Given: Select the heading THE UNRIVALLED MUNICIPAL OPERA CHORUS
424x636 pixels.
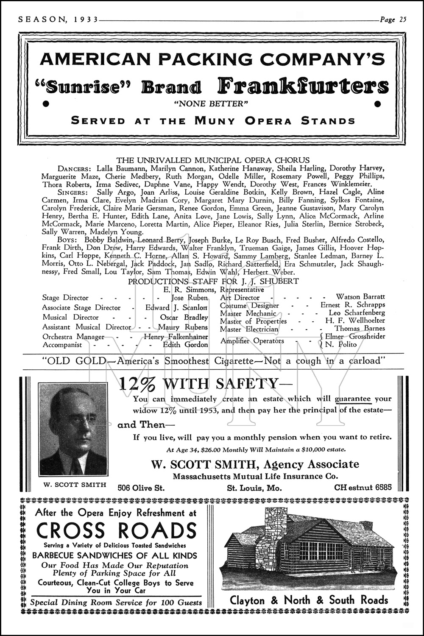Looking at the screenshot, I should (213, 160).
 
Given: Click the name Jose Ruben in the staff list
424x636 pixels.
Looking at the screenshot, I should (190, 298).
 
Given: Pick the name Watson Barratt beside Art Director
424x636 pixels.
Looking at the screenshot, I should (360, 297).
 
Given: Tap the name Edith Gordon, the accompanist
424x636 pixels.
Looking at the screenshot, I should (185, 345).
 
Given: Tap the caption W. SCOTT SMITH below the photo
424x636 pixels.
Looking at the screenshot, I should (75, 485).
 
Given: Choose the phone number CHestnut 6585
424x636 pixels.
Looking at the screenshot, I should (363, 488).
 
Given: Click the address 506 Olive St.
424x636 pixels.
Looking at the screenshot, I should (141, 488).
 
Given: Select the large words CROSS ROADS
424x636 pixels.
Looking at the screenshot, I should (117, 530).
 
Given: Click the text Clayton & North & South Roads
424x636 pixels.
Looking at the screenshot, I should (309, 600).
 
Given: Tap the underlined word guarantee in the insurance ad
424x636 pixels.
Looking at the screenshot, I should (353, 399).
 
